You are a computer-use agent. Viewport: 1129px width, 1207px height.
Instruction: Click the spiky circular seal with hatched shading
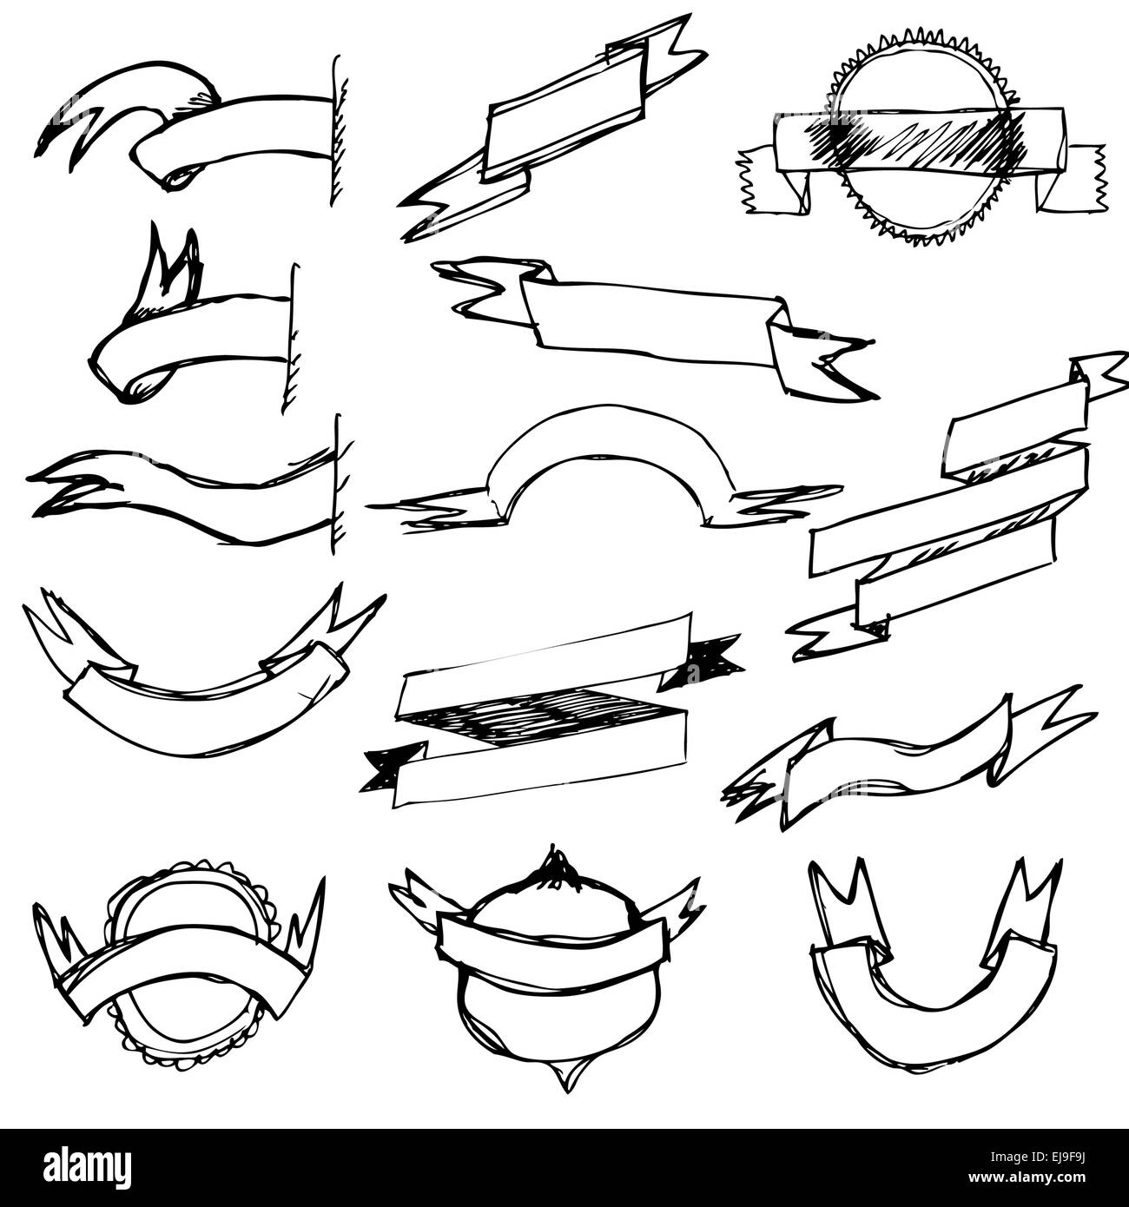tap(923, 139)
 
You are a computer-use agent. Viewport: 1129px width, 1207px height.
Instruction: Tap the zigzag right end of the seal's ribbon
tap(1086, 178)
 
